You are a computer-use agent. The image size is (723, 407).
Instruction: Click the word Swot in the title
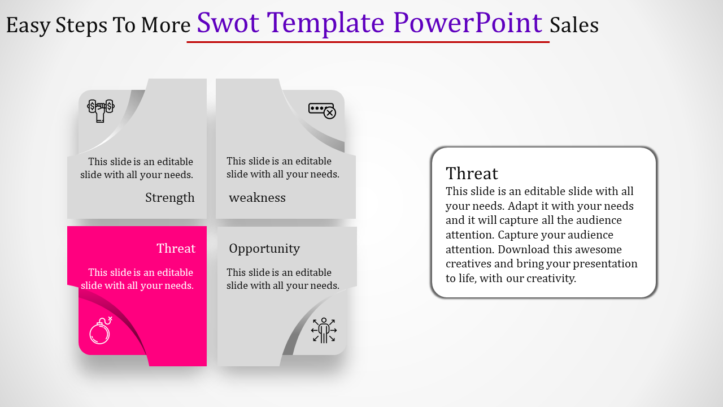coord(228,23)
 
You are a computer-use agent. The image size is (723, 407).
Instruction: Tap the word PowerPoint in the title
coord(468,23)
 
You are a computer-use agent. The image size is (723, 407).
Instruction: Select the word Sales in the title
coord(574,25)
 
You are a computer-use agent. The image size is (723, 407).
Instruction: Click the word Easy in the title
coord(28,26)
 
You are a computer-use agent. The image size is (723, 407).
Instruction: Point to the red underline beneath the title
coord(368,42)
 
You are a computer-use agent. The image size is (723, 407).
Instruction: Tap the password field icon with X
coord(322,111)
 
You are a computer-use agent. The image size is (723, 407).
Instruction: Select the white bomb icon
coord(101,330)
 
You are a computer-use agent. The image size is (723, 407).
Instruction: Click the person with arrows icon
coord(324,330)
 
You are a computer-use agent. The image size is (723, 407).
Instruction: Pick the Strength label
coord(170,197)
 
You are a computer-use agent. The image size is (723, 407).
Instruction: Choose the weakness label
coord(257,197)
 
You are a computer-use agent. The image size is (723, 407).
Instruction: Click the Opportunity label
coord(264,249)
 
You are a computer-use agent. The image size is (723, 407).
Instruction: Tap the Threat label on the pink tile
coord(176,248)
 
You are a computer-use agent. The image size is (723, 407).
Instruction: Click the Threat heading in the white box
coord(472,174)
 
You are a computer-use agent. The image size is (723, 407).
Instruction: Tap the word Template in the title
coord(326,23)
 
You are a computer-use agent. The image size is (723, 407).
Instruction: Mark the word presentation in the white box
coord(605,264)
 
